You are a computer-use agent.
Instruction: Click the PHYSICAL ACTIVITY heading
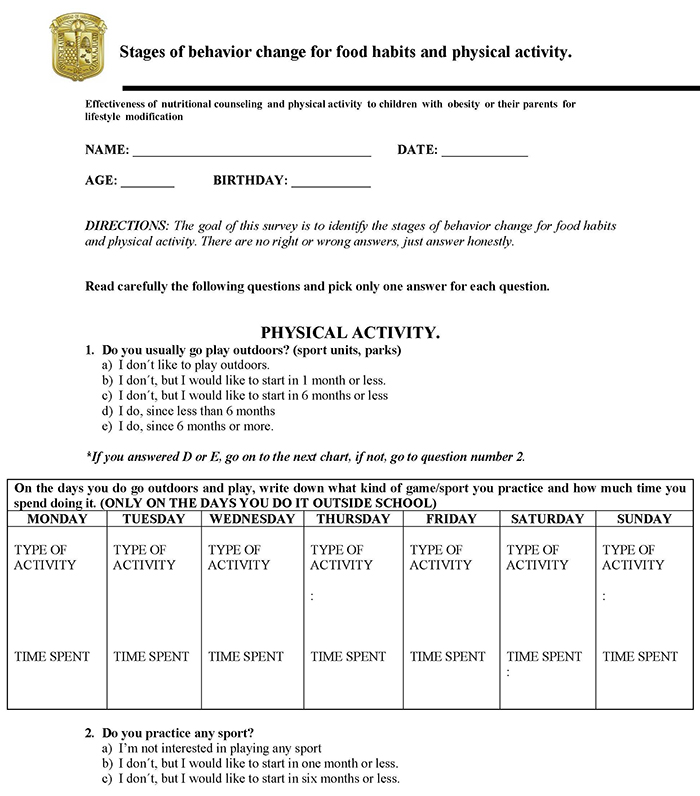[x=350, y=332]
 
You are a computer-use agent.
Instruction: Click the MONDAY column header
[x=57, y=519]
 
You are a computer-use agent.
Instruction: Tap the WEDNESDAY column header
[x=251, y=519]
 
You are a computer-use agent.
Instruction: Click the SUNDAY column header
[x=644, y=519]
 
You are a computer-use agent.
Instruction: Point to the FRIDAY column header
[x=451, y=519]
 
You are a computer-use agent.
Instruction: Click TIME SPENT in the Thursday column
[x=348, y=657]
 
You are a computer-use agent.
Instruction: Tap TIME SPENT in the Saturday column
[x=544, y=657]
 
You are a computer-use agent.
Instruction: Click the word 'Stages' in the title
[x=146, y=52]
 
